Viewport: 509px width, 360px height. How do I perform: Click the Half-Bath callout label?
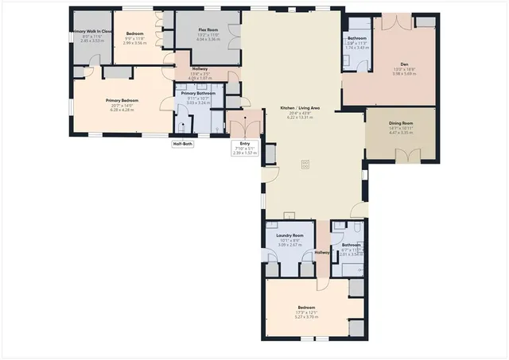pos(183,144)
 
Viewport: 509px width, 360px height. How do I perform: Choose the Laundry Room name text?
pos(289,236)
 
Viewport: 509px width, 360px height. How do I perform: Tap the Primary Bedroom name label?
pos(122,100)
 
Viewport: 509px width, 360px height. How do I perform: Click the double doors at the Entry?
pos(244,123)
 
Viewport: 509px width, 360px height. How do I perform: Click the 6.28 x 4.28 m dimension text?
pos(122,110)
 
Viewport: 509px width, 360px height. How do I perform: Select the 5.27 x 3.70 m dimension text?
pos(306,317)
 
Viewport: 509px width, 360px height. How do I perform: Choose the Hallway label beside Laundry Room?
pos(322,253)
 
